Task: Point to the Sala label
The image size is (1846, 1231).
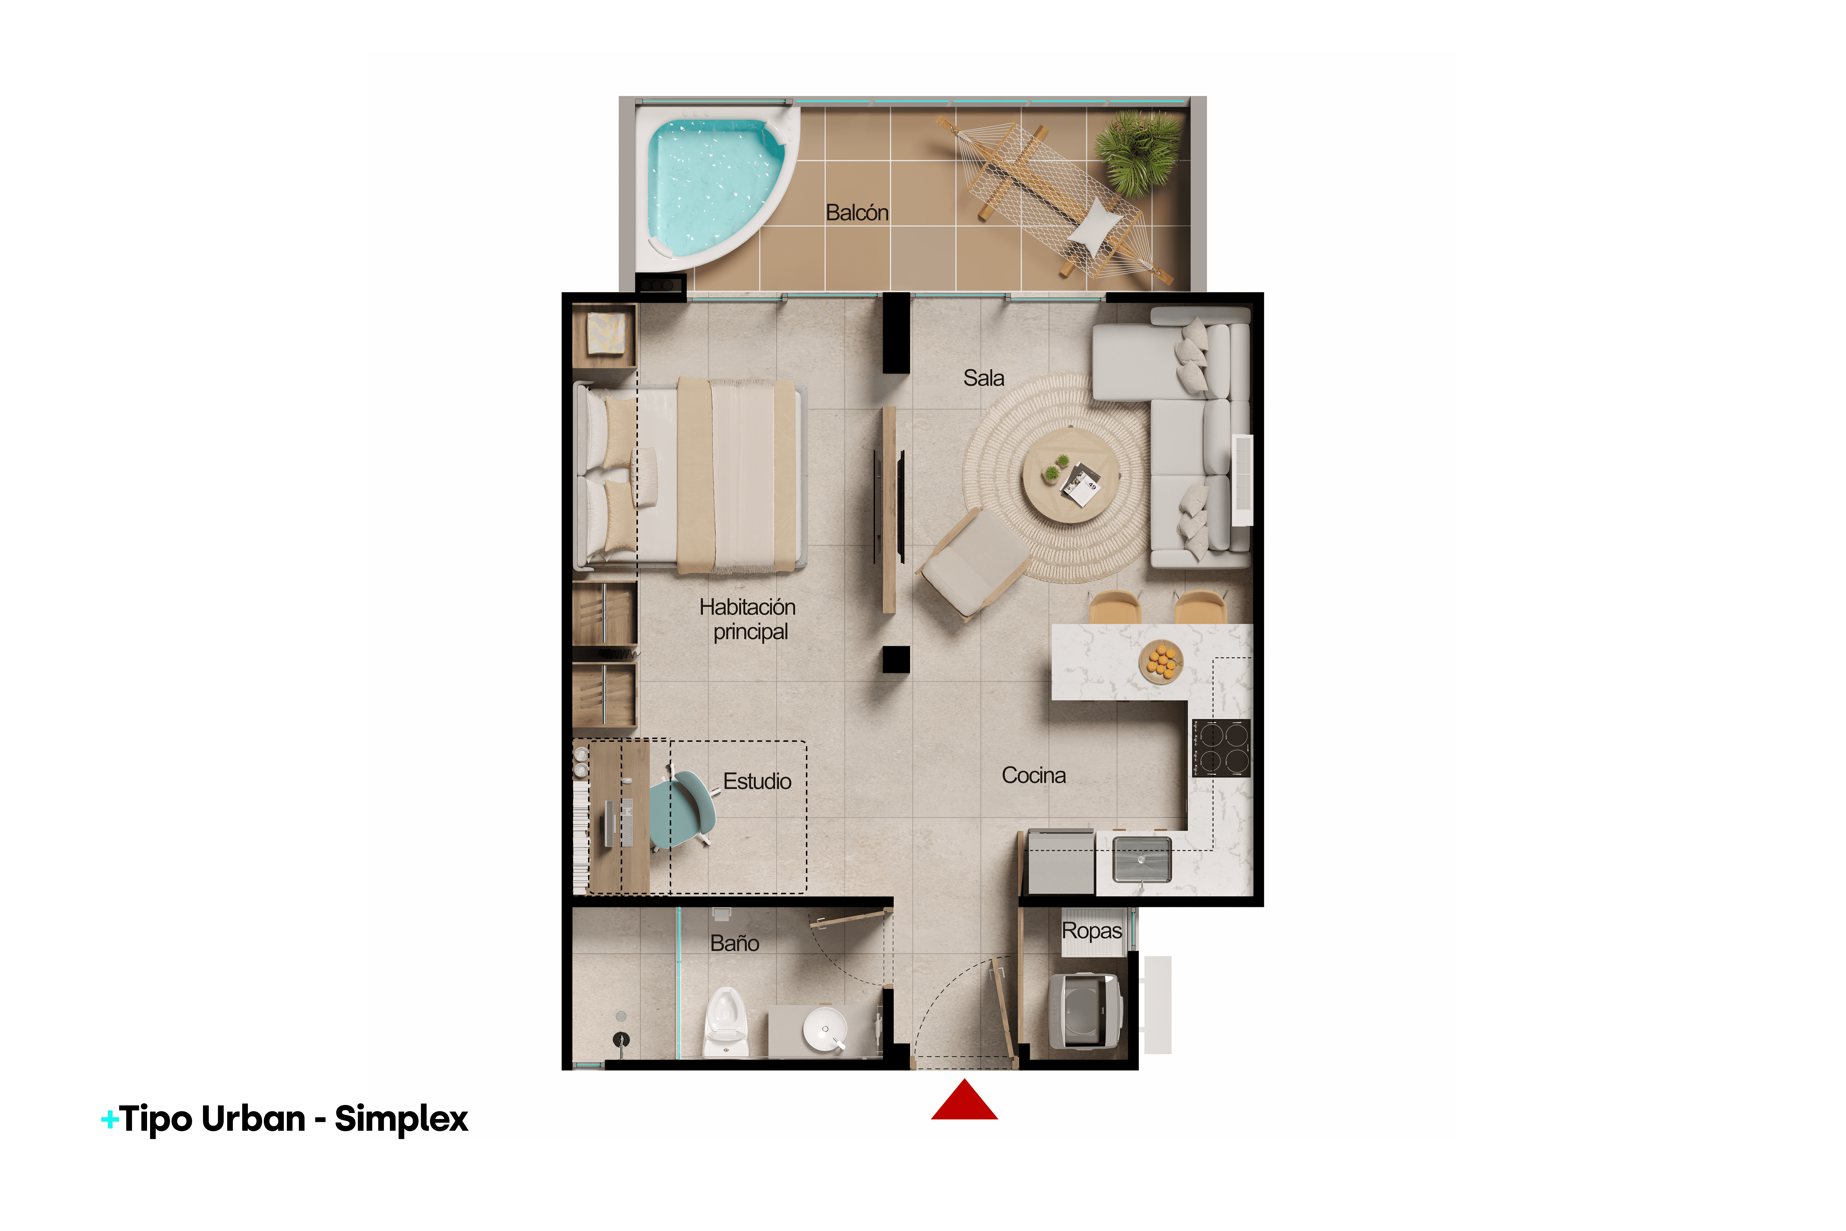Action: (x=983, y=378)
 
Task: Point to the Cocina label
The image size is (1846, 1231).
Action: (x=1034, y=776)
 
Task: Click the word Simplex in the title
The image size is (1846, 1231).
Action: (x=401, y=1119)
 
